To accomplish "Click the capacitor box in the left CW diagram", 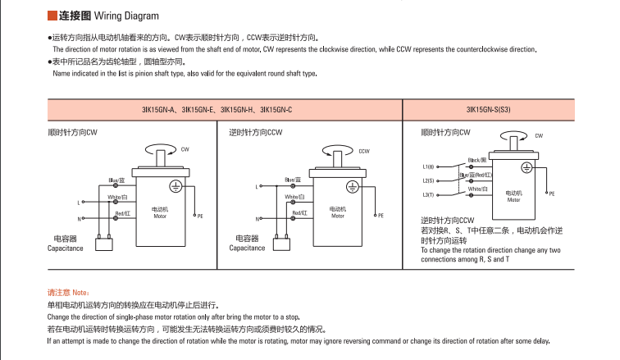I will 103,244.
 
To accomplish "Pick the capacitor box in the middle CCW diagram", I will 281,244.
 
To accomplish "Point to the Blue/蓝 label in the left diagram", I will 116,180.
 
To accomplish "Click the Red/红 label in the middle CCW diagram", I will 300,213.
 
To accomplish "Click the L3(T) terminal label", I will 428,194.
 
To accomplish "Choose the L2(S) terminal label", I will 428,180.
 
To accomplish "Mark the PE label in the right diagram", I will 551,194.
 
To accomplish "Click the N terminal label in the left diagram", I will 80,219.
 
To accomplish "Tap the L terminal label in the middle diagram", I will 258,202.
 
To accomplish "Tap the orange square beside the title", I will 52,15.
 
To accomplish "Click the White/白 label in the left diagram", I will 116,198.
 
